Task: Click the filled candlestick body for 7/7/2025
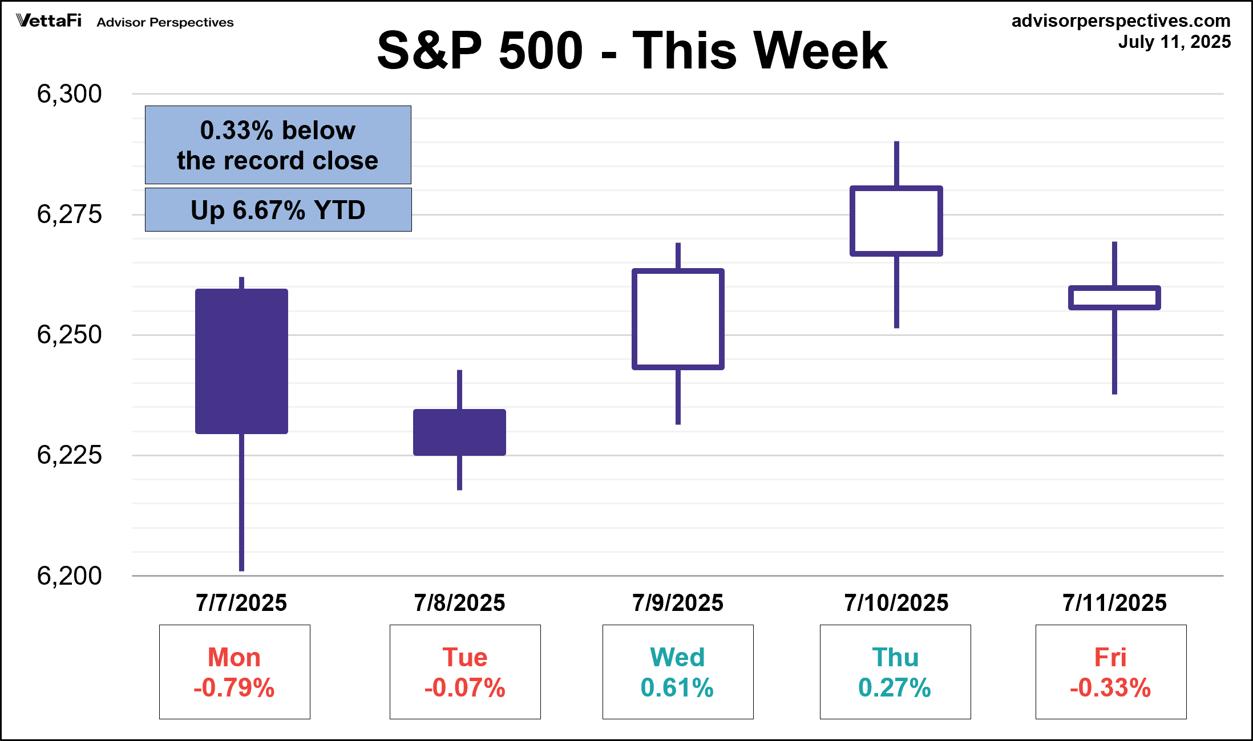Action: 241,361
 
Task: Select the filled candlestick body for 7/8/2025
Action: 459,432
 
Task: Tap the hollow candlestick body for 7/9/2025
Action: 678,319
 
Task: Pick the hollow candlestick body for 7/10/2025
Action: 896,221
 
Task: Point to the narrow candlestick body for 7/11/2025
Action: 1114,298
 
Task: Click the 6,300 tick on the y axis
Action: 69,94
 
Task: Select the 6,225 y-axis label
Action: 69,455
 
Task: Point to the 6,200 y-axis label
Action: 69,576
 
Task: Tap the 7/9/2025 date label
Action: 677,603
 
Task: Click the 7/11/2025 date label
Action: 1114,603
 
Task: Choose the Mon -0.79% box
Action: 235,672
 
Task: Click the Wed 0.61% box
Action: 678,672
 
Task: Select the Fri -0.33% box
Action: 1110,672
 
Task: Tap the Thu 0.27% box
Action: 895,672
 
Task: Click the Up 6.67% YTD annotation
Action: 278,210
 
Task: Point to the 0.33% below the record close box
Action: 278,145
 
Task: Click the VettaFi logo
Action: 49,21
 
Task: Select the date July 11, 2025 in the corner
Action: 1174,42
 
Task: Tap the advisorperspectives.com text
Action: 1121,21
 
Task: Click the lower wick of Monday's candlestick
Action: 241,502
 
